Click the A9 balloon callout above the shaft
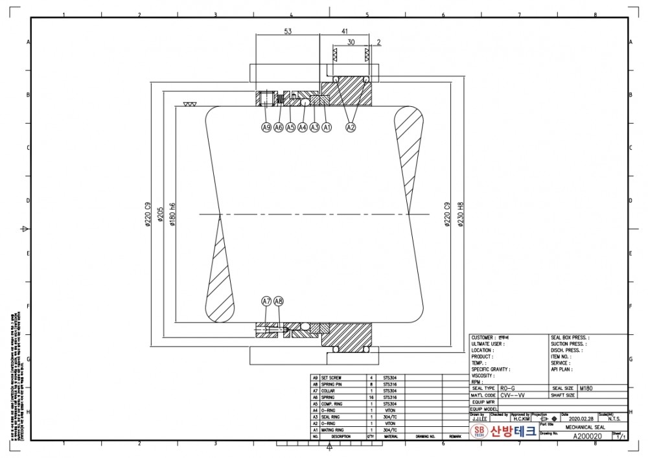(x=266, y=128)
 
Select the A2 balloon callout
(x=351, y=128)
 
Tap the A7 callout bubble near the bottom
(x=266, y=301)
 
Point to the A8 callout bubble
(x=279, y=301)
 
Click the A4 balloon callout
(x=303, y=128)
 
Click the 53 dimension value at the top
(x=288, y=31)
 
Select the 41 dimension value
(x=345, y=31)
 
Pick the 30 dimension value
(x=351, y=41)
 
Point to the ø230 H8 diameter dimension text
(x=461, y=214)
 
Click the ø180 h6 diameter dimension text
(x=172, y=214)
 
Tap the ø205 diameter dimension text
(x=159, y=214)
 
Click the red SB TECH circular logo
(x=480, y=432)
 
